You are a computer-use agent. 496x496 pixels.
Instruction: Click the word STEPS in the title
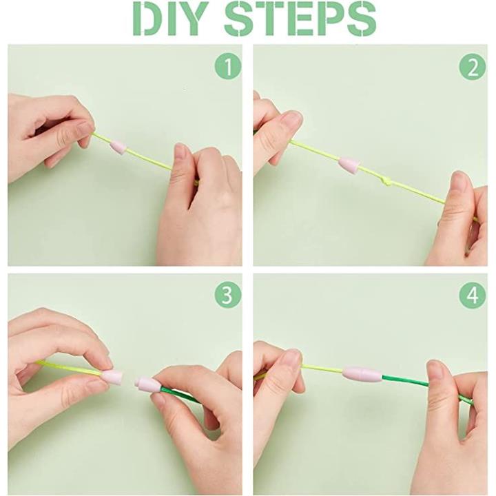(x=300, y=19)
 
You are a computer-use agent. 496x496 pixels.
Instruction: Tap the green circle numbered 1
(x=228, y=66)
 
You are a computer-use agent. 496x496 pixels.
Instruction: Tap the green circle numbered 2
(x=473, y=66)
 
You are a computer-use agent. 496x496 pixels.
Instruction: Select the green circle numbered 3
(x=228, y=296)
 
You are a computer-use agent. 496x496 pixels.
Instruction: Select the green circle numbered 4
(x=473, y=296)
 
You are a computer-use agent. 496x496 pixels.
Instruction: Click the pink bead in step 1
(x=118, y=148)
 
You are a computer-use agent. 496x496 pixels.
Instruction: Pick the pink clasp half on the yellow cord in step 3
(x=112, y=376)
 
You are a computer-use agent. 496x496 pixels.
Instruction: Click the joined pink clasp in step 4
(x=362, y=374)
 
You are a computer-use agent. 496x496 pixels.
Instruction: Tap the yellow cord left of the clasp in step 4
(x=322, y=368)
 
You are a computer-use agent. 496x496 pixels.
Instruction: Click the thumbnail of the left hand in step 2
(x=292, y=120)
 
